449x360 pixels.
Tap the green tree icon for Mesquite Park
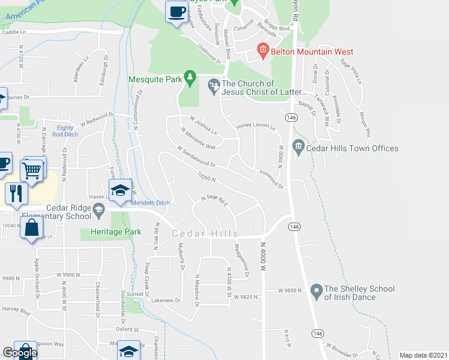190,77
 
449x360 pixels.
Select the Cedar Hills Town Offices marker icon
298,146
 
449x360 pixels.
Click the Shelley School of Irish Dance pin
316,292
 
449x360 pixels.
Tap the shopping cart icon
32,170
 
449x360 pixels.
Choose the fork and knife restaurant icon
16,193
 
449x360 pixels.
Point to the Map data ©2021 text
423,355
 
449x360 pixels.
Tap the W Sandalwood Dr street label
196,156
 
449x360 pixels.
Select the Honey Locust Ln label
255,127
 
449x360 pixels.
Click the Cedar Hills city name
205,233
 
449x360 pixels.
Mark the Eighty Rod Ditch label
65,131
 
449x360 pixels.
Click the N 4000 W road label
263,256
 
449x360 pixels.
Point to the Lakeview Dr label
166,300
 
